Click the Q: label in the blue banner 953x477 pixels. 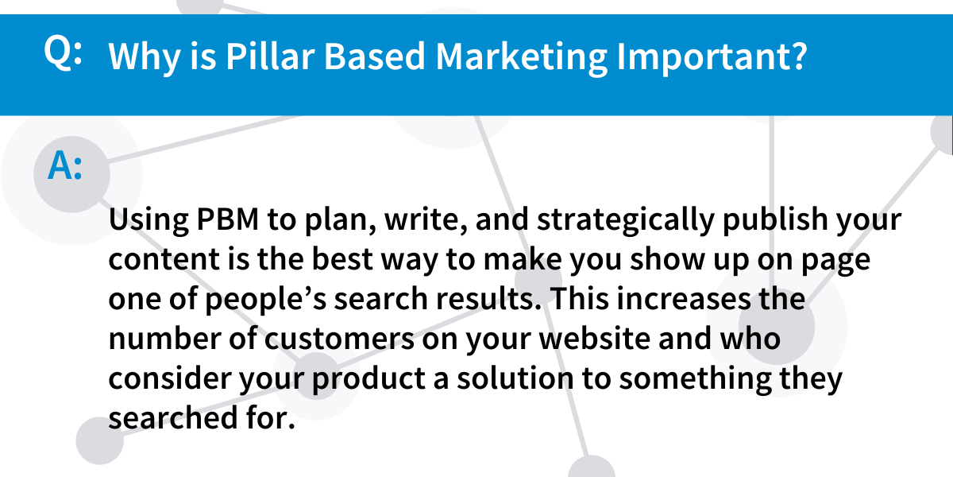[x=63, y=52]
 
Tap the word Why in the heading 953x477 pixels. [x=145, y=57]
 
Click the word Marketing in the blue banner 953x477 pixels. [x=522, y=57]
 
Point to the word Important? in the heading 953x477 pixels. [x=712, y=57]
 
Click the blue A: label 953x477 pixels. [x=64, y=165]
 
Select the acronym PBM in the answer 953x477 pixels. [x=228, y=219]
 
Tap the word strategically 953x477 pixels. [x=626, y=221]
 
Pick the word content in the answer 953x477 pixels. [x=164, y=259]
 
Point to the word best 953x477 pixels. [x=342, y=258]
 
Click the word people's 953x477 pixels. [x=266, y=300]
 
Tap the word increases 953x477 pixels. [x=684, y=299]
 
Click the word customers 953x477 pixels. [x=340, y=339]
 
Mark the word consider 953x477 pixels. [x=169, y=378]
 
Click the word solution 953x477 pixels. [x=515, y=378]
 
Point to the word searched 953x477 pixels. [x=173, y=418]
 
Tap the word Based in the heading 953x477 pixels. [x=374, y=56]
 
